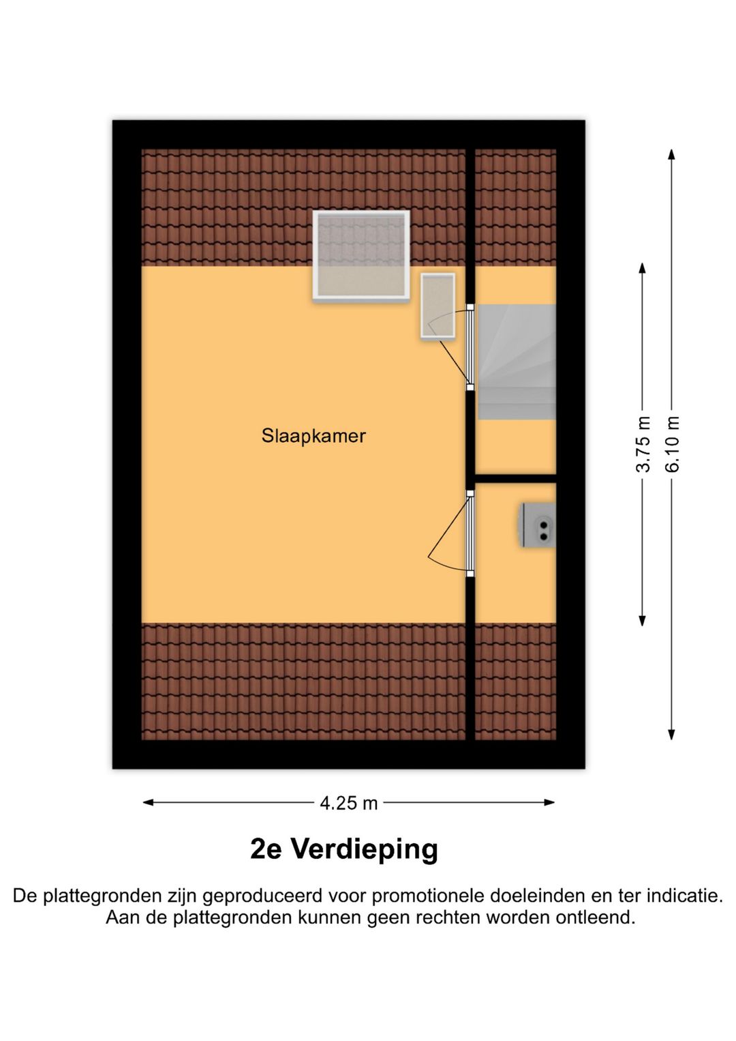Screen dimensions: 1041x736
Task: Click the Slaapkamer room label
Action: tap(313, 436)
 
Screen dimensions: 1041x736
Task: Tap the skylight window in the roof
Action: tap(361, 256)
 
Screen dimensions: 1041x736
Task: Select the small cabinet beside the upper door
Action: tap(438, 306)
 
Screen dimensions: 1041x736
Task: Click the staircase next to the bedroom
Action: tap(517, 362)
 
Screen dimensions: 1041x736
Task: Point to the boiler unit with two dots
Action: tap(539, 525)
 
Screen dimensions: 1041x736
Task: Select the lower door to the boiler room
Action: tap(470, 533)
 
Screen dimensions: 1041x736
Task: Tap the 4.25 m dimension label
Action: tap(348, 803)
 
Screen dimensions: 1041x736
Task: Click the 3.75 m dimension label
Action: tap(643, 444)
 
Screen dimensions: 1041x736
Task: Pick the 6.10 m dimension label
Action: tap(673, 444)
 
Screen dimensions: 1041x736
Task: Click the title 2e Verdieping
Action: tap(344, 849)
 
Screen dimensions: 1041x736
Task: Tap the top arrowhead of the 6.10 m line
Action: tap(672, 154)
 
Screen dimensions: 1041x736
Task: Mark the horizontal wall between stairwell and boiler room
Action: tap(515, 478)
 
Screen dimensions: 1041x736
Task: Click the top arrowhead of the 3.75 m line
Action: tap(642, 268)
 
